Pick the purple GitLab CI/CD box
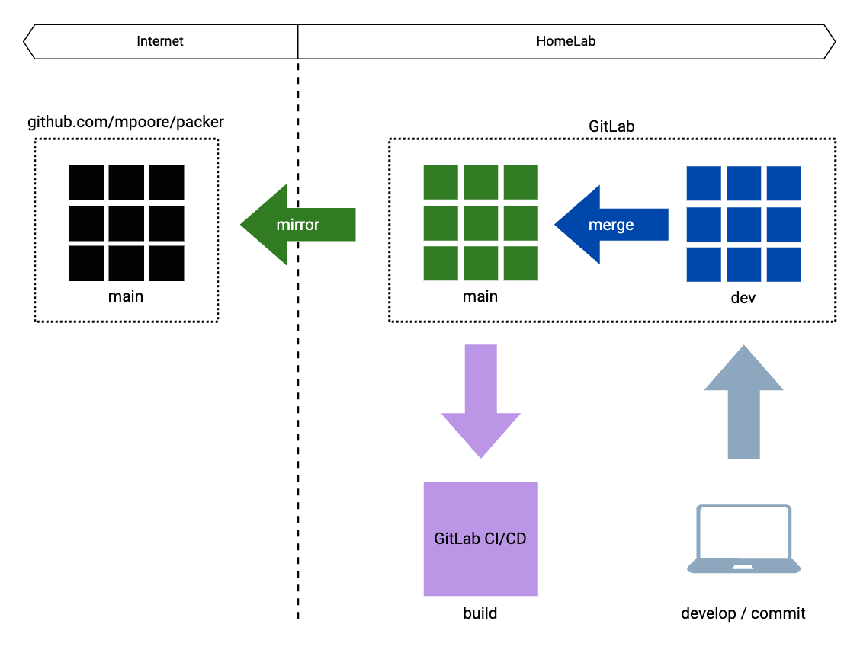[480, 538]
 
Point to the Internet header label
[160, 41]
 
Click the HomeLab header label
[566, 41]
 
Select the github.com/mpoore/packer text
[126, 122]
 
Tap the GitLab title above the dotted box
[611, 126]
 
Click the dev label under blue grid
[743, 298]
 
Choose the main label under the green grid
[480, 296]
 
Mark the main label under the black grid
[126, 296]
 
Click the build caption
[480, 613]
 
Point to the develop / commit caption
[743, 613]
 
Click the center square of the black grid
[127, 223]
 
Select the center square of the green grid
[481, 223]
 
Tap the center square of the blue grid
[744, 225]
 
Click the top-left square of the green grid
[441, 182]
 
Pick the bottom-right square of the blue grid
[784, 264]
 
